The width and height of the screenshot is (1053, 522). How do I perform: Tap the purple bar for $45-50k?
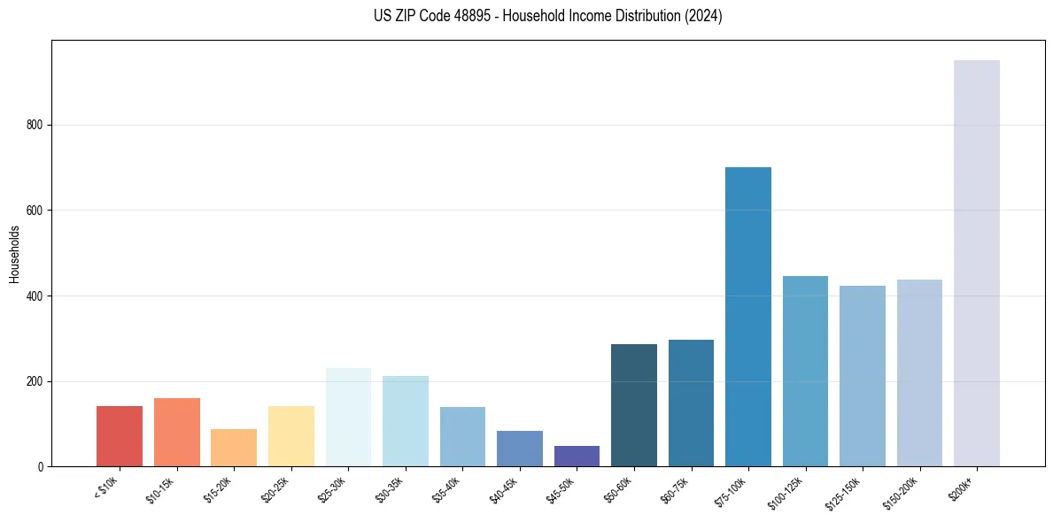(577, 456)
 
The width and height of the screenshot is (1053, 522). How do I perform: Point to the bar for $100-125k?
(805, 372)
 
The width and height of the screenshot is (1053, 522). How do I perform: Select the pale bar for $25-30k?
(348, 417)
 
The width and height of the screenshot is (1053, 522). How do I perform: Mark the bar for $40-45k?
(520, 449)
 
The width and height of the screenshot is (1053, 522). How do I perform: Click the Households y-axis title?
(14, 254)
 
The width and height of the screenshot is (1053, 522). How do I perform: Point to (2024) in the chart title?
(704, 16)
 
